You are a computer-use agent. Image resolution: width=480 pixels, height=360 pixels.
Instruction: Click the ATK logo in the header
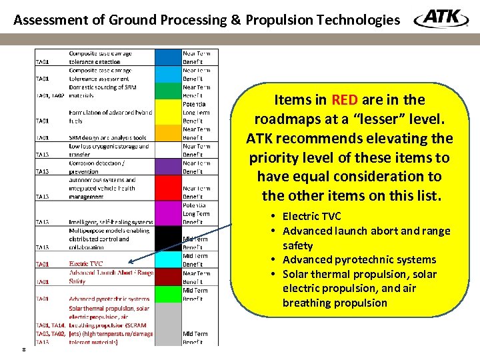[x=441, y=19]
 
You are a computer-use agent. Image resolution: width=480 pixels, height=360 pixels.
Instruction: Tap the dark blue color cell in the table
[x=167, y=74]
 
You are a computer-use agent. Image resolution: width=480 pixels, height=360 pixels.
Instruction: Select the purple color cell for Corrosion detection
[x=167, y=167]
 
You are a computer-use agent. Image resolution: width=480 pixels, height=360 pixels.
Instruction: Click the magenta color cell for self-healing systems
[x=167, y=213]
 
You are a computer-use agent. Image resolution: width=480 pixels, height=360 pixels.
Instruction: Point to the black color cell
[x=167, y=239]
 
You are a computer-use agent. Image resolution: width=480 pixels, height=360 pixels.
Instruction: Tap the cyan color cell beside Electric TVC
[x=167, y=260]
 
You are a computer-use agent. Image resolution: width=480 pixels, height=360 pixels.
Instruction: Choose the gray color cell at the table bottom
[x=167, y=324]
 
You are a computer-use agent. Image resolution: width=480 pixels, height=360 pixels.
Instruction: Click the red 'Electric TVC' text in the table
[x=86, y=264]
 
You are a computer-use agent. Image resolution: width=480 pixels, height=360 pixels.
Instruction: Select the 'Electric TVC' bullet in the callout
[x=311, y=216]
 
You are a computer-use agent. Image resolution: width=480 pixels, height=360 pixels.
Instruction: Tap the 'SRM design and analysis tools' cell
[x=106, y=137]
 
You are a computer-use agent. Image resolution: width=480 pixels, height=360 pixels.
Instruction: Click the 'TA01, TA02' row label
[x=50, y=95]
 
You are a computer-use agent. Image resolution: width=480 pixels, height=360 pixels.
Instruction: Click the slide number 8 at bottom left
[x=23, y=349]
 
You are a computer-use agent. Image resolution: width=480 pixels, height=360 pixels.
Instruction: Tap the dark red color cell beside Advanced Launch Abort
[x=167, y=277]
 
